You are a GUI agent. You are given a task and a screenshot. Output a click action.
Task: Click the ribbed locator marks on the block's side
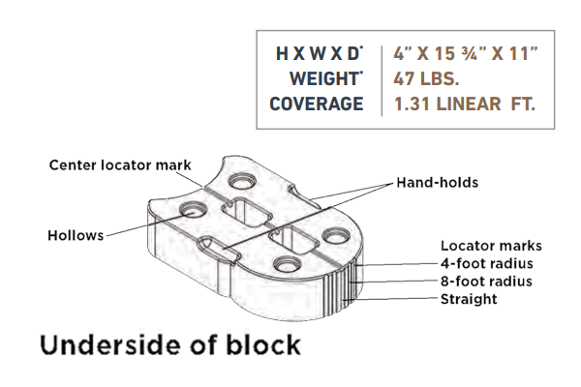(x=352, y=276)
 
